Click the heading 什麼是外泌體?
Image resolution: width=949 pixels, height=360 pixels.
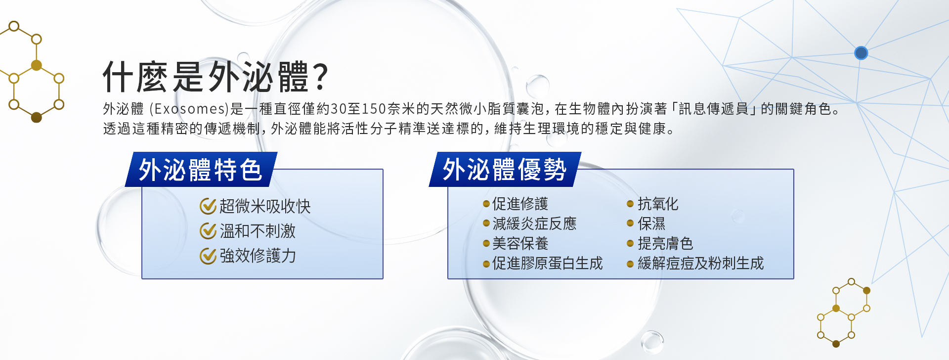(216, 77)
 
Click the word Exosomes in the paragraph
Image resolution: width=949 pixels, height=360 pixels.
(190, 109)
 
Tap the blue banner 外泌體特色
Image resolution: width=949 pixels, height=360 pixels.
(201, 170)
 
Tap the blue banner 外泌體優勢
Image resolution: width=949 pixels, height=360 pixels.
(505, 170)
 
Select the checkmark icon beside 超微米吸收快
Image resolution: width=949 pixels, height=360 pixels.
(208, 206)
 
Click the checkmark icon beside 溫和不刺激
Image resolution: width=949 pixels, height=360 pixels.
(208, 231)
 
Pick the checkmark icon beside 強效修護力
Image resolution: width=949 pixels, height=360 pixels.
(208, 256)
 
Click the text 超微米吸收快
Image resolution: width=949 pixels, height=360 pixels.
(265, 206)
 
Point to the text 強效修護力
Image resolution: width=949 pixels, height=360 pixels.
(258, 256)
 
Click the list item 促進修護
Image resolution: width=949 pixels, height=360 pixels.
(520, 204)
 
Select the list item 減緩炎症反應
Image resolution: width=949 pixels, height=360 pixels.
(534, 224)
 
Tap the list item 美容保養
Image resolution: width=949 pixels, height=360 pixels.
(520, 243)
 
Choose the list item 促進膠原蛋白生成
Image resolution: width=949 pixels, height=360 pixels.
(548, 263)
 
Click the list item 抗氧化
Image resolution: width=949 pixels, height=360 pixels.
(658, 204)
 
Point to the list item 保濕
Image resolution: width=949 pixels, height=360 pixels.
(651, 224)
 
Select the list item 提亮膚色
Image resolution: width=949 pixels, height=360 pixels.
(665, 243)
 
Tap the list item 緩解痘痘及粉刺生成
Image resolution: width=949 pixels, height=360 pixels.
(701, 263)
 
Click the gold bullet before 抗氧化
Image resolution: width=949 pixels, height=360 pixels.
(630, 204)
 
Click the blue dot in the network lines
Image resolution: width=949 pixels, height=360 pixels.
(861, 53)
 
